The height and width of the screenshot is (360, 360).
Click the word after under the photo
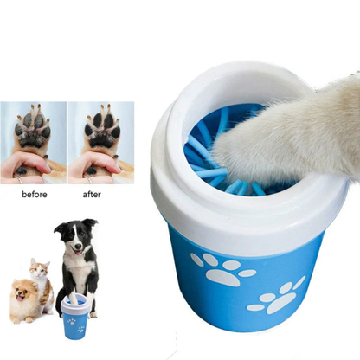click(x=92, y=195)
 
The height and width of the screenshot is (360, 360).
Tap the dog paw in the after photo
click(x=102, y=130)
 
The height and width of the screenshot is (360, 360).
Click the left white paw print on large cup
click(x=222, y=270)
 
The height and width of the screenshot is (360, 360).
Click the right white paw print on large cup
click(x=279, y=295)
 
